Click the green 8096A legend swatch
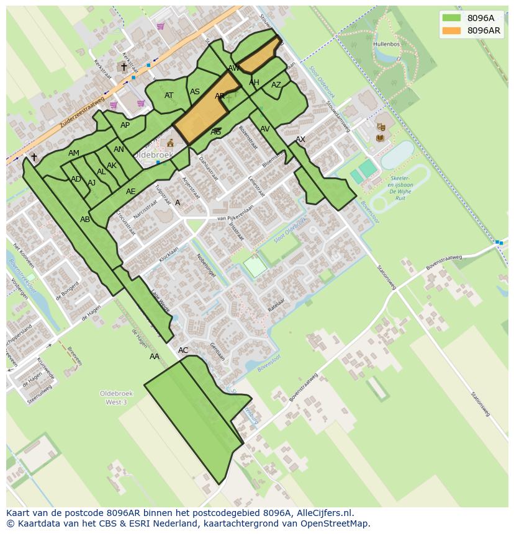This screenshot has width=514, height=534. coord(451,18)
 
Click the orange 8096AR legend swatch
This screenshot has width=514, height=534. coord(451,30)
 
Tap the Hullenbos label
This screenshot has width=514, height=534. coord(387,45)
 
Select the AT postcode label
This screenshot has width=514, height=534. coord(169,96)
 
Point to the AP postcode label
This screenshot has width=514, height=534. coord(125,125)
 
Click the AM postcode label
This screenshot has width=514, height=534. coord(74,153)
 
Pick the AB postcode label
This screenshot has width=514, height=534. coord(85,220)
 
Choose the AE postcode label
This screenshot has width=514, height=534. coord(130,192)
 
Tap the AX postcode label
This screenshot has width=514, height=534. coord(300,140)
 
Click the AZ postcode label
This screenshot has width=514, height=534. coord(276,85)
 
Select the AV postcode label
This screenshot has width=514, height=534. coord(265,129)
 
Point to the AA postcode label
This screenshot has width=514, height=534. coord(155,357)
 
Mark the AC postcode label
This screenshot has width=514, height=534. coord(183,350)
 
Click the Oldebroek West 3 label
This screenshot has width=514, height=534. coord(113,398)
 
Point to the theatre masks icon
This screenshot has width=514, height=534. coord(381,126)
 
